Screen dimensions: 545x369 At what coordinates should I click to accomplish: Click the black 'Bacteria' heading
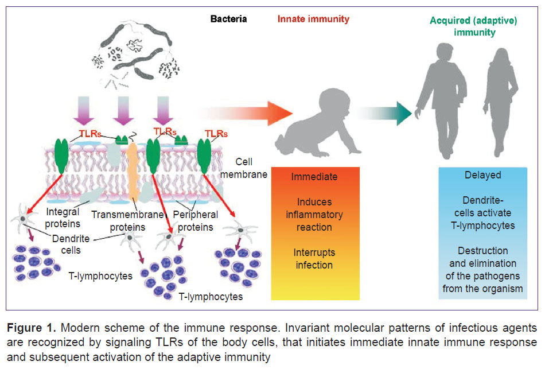(228, 19)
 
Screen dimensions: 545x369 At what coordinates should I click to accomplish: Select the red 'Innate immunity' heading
(313, 19)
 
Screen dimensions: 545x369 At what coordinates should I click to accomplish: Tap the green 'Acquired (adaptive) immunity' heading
(473, 26)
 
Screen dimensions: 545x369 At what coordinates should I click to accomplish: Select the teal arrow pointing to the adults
(384, 114)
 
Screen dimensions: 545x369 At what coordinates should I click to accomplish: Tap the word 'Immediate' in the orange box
(314, 177)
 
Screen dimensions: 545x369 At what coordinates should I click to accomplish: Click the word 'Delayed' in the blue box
(483, 175)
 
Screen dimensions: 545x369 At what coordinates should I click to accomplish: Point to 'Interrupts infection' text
(314, 259)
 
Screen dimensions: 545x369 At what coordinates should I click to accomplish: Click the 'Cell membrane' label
(244, 168)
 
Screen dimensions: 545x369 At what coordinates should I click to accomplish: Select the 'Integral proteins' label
(63, 217)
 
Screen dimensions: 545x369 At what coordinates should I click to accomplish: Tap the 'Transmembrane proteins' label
(127, 221)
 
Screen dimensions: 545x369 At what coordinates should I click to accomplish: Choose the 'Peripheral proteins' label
(195, 221)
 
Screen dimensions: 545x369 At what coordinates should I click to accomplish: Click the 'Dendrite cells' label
(71, 244)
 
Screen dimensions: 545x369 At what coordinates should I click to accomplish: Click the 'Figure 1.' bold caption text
(31, 328)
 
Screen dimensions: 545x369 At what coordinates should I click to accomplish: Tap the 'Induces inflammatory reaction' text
(314, 215)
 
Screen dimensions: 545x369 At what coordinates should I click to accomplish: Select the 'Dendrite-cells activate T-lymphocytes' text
(483, 213)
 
